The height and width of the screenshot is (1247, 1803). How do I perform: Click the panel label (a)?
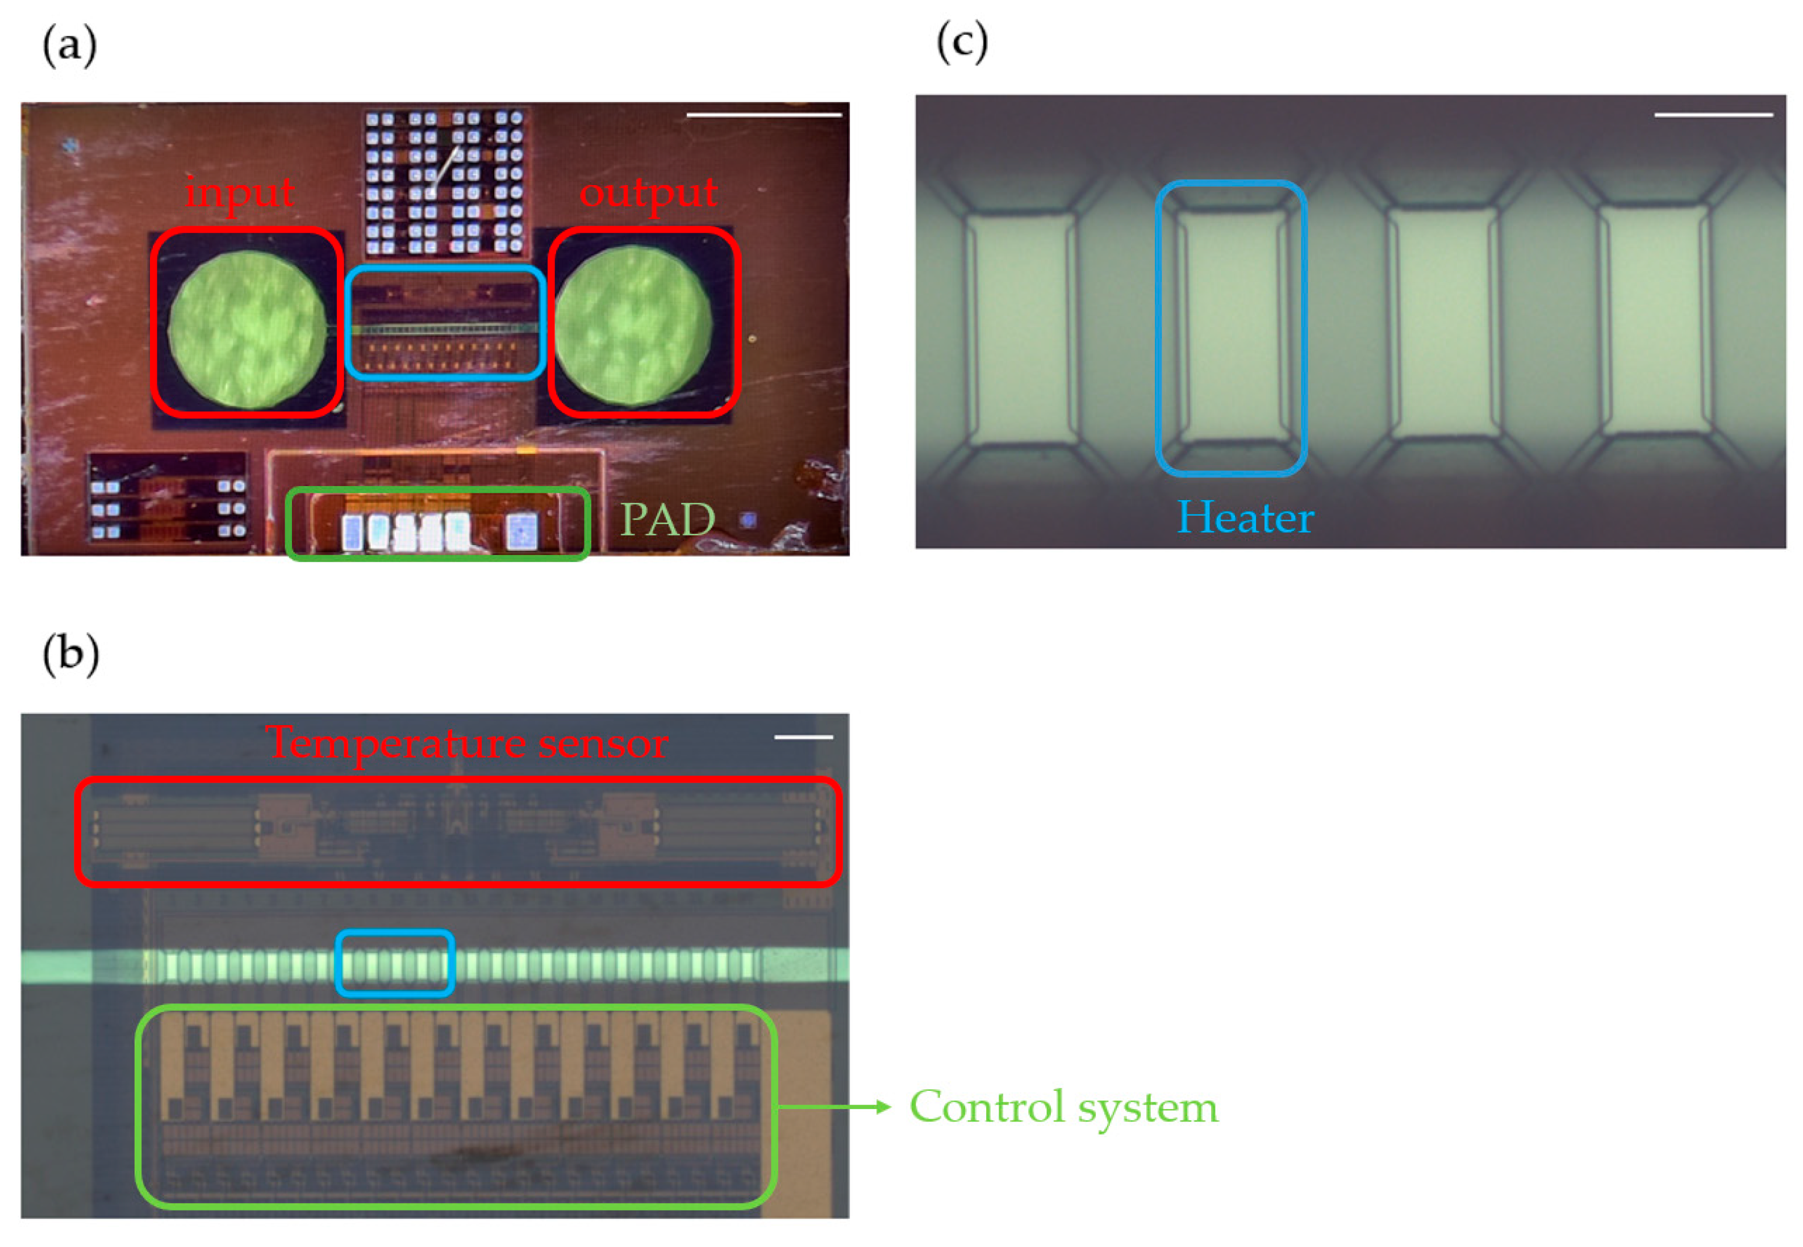(69, 45)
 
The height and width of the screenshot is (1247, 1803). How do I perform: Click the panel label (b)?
(70, 654)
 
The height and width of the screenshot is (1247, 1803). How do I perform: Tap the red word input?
(239, 192)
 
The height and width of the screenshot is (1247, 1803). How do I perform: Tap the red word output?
(648, 192)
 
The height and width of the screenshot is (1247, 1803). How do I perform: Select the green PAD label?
(667, 520)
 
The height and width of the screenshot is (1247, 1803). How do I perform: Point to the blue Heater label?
(1245, 518)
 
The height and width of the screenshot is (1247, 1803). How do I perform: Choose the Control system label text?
(1063, 1107)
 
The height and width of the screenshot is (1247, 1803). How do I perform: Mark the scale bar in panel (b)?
(803, 737)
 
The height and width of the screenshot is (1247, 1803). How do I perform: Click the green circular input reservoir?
(247, 328)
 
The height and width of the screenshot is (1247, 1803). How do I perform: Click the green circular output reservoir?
(633, 327)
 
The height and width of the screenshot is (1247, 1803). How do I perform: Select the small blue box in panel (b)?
(395, 964)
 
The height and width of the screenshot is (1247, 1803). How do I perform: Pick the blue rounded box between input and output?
(445, 323)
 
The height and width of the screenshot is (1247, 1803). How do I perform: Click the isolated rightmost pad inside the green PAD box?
(522, 532)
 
